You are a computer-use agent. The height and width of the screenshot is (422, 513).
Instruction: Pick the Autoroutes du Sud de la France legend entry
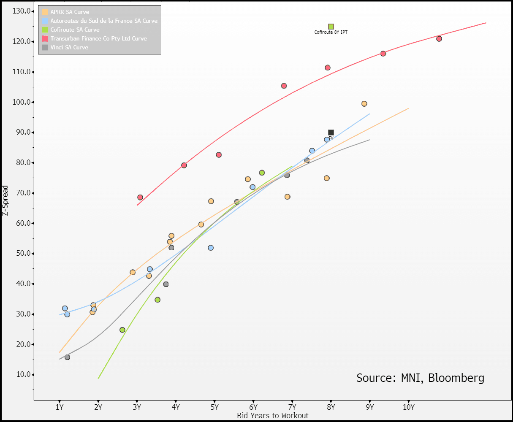click(103, 21)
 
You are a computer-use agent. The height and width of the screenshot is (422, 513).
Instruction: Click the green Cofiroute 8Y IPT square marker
click(331, 27)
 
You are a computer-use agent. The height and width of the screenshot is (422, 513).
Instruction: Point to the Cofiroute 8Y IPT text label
click(331, 32)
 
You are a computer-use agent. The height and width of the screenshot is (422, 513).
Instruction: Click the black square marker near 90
click(331, 133)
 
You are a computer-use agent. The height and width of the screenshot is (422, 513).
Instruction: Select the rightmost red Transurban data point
click(439, 39)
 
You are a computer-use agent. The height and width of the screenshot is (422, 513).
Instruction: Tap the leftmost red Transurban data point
click(140, 197)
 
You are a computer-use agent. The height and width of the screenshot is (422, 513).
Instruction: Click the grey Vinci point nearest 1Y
click(67, 357)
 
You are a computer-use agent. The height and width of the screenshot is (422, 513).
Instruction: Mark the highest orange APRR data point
click(364, 104)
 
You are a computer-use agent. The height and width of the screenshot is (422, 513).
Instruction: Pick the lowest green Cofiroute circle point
click(122, 330)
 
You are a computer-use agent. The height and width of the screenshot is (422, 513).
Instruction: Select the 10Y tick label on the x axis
click(409, 407)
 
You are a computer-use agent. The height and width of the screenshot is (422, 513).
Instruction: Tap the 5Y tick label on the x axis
click(214, 407)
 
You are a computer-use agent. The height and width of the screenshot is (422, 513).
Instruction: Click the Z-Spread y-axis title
click(5, 200)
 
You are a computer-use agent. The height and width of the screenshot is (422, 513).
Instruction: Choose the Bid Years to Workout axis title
click(273, 416)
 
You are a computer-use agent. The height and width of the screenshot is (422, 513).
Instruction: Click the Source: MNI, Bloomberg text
click(420, 378)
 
